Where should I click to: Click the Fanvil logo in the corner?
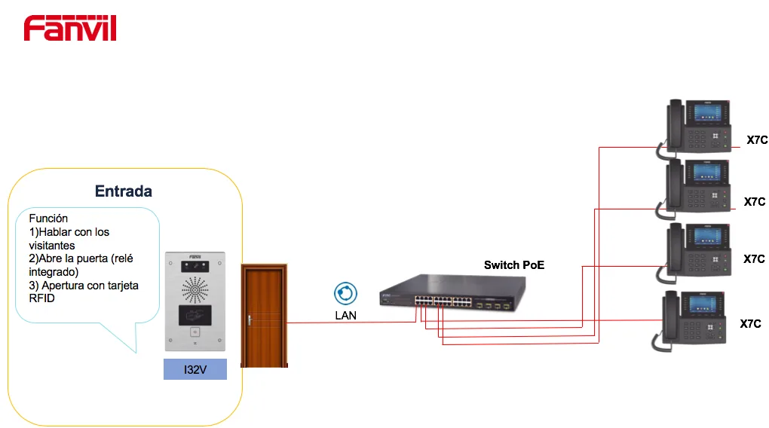(70, 29)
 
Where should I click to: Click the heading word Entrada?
(124, 191)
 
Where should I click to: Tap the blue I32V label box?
(195, 369)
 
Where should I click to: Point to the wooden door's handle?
(250, 320)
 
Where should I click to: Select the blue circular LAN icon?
(346, 294)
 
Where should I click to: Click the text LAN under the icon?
(346, 316)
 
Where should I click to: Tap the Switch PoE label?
(514, 265)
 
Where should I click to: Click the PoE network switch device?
(452, 292)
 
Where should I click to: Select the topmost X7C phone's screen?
(707, 112)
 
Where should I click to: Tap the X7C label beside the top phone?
(757, 140)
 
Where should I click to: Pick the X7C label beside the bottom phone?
(750, 323)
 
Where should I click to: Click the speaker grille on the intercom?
(195, 290)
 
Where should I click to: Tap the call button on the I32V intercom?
(195, 332)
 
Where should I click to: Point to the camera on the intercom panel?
(195, 266)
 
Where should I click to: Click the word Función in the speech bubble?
(48, 219)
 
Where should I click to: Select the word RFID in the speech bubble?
(41, 298)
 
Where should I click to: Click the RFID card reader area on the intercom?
(195, 315)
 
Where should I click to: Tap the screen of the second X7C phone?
(706, 172)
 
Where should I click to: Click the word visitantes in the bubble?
(52, 246)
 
